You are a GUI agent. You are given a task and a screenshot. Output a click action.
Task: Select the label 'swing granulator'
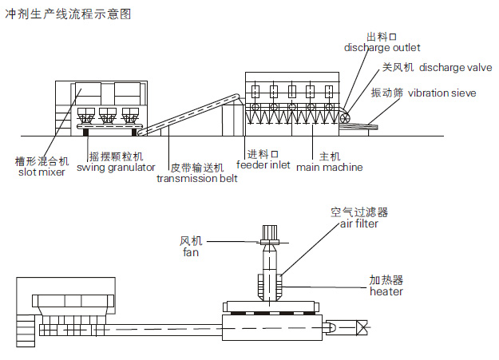[x=116, y=168]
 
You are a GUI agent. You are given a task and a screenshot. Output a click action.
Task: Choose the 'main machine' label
[x=329, y=168]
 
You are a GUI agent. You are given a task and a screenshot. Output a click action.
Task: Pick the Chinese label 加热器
[x=385, y=281]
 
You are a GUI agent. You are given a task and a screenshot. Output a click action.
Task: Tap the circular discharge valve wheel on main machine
[x=346, y=119]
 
